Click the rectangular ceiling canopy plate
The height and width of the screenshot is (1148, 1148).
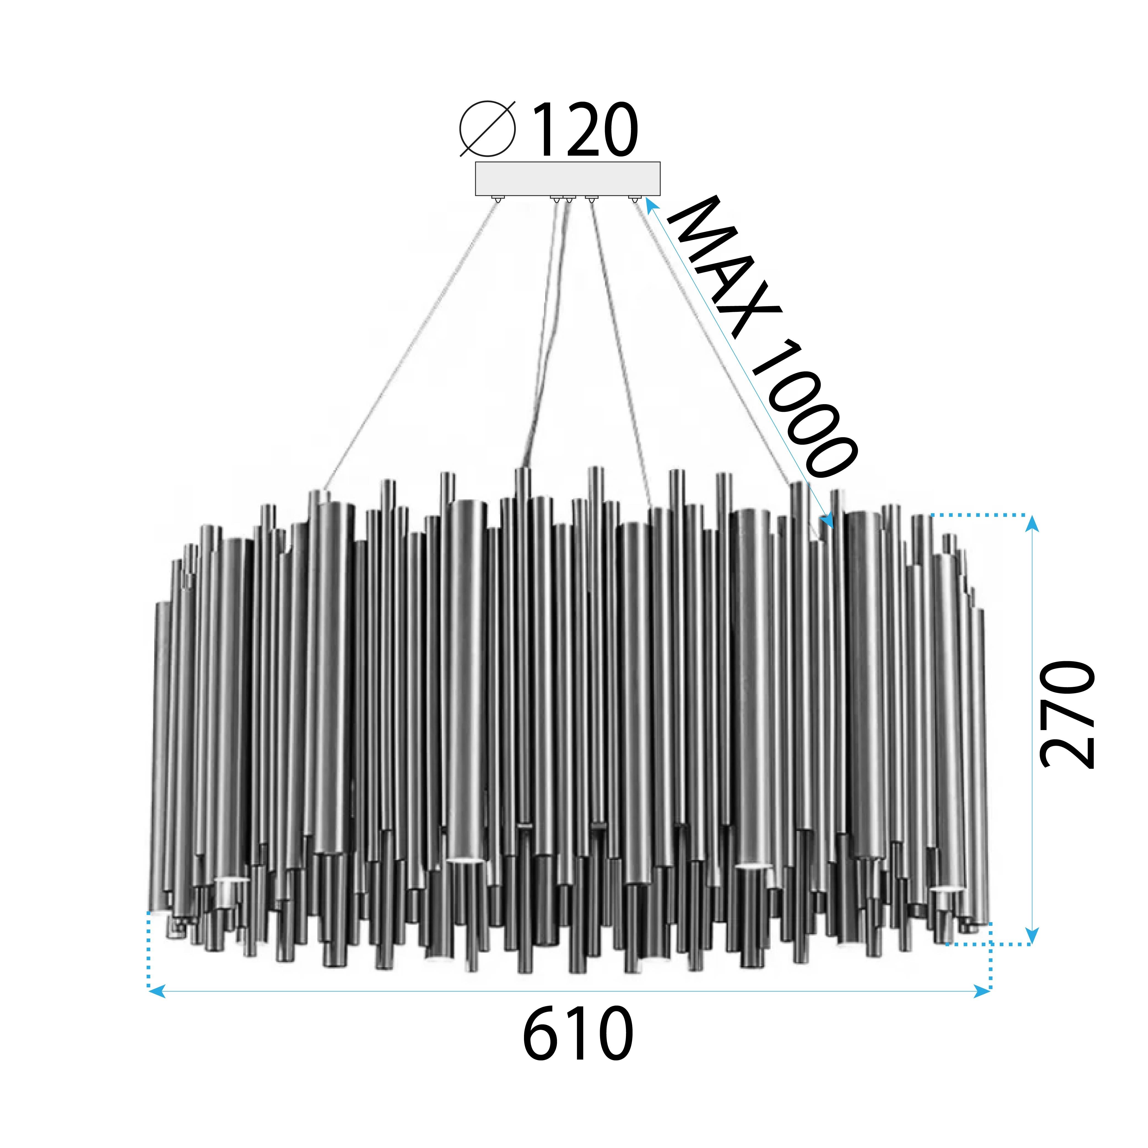568,178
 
